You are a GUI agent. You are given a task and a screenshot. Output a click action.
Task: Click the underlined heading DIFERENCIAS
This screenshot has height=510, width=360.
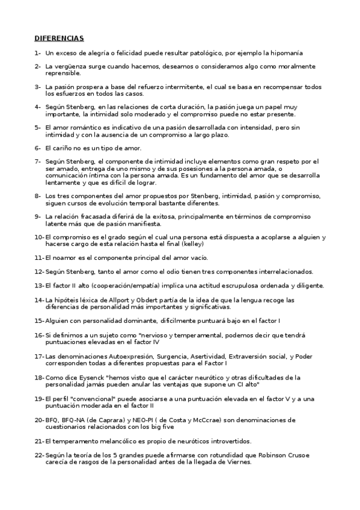coord(59,38)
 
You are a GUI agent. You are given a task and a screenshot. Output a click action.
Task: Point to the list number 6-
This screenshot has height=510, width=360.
coord(38,148)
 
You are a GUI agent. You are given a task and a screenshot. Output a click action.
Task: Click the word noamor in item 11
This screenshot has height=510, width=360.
coord(65,257)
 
